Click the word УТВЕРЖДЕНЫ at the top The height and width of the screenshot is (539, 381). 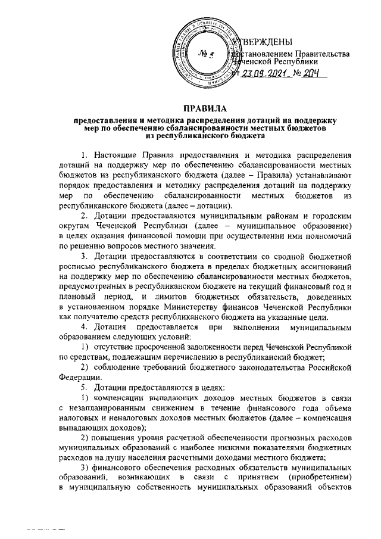click(x=263, y=41)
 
